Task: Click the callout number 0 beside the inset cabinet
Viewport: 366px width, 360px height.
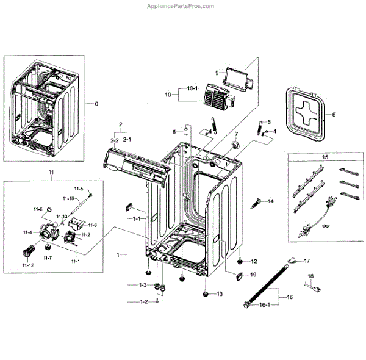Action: pos(95,104)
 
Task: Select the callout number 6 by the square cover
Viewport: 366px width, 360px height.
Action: pos(334,114)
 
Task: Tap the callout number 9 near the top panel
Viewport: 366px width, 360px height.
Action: pos(217,73)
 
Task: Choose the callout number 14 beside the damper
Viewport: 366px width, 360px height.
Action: pos(271,201)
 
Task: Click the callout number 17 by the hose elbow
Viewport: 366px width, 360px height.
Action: pos(307,261)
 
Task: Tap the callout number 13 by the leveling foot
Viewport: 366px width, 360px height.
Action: pos(220,295)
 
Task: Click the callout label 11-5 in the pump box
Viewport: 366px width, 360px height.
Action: pos(80,189)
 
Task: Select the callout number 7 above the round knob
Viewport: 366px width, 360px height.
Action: pos(236,134)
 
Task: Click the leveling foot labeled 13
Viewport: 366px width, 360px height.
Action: pos(205,295)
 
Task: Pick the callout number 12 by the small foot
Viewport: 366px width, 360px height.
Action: pos(254,261)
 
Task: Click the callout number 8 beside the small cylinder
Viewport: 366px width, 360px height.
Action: pos(174,132)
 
